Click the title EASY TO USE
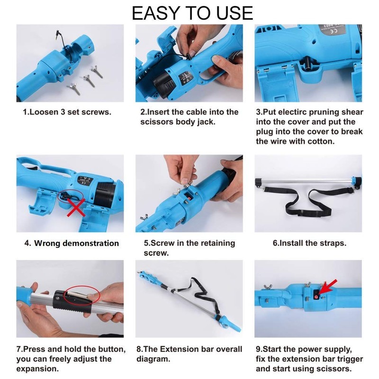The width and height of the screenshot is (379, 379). [x=192, y=13]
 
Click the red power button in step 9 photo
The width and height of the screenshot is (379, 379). [x=316, y=297]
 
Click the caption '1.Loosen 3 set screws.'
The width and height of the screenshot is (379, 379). [x=67, y=112]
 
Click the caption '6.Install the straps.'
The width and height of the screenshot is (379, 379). [x=309, y=243]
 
